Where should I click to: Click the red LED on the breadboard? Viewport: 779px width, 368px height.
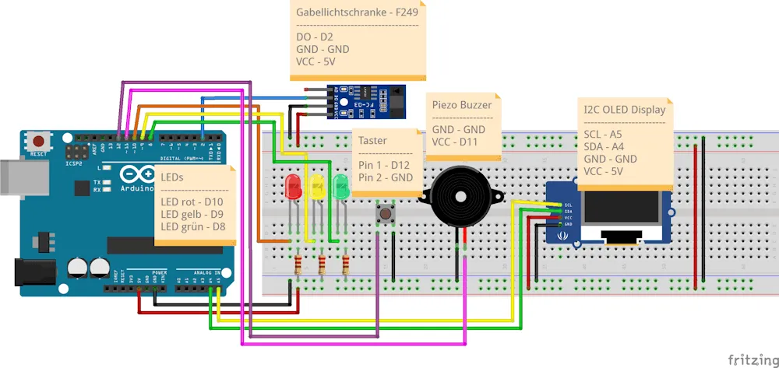pyautogui.click(x=294, y=187)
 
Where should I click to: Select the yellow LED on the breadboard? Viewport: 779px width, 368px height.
pyautogui.click(x=317, y=187)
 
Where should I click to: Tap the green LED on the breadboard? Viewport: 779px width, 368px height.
pyautogui.click(x=340, y=187)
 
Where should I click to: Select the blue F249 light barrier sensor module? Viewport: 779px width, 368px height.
pyautogui.click(x=366, y=101)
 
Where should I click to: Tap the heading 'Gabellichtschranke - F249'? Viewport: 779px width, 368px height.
pyautogui.click(x=357, y=13)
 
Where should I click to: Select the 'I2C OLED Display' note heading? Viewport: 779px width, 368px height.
pyautogui.click(x=625, y=110)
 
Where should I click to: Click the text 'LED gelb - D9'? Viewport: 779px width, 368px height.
pyautogui.click(x=192, y=214)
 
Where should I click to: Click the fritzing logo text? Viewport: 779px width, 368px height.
pyautogui.click(x=752, y=359)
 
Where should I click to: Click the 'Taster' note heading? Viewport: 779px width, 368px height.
pyautogui.click(x=373, y=140)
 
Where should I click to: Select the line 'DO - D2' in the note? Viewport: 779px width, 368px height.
pyautogui.click(x=315, y=36)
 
